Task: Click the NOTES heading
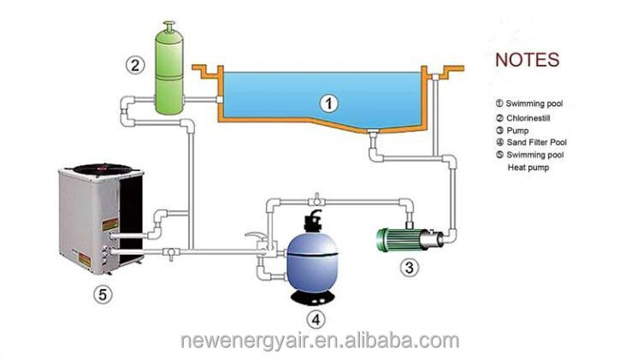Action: tap(528, 60)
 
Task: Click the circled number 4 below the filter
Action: tap(316, 320)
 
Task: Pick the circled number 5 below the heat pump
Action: tap(101, 295)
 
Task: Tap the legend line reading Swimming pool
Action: tap(534, 103)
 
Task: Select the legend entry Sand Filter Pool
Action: tap(536, 142)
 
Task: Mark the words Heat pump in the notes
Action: tap(529, 168)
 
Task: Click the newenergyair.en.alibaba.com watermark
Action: tap(318, 342)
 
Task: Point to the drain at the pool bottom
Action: tap(375, 133)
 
